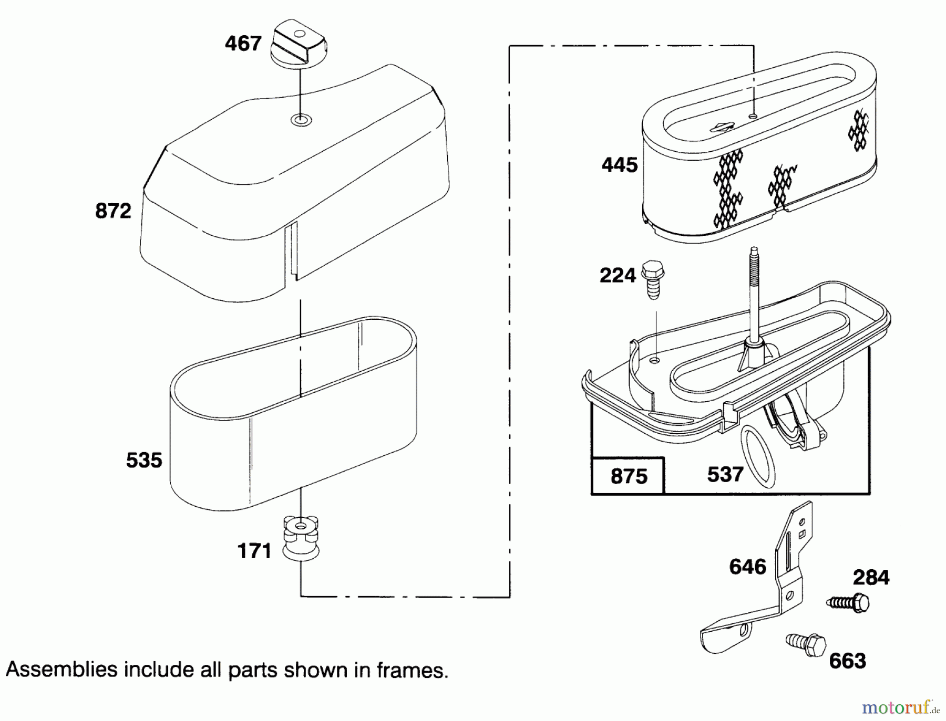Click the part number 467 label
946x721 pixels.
(x=243, y=44)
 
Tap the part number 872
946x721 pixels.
(x=113, y=211)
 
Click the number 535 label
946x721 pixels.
(x=144, y=460)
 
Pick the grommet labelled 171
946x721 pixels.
(x=301, y=538)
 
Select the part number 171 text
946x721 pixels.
(x=254, y=551)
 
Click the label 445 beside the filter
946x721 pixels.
(x=620, y=165)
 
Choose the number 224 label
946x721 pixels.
(x=618, y=275)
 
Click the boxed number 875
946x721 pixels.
(x=629, y=476)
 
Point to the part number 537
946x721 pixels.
(x=725, y=474)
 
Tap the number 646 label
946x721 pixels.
(x=747, y=567)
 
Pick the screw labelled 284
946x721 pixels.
(x=849, y=602)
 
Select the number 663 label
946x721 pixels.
(x=847, y=661)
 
